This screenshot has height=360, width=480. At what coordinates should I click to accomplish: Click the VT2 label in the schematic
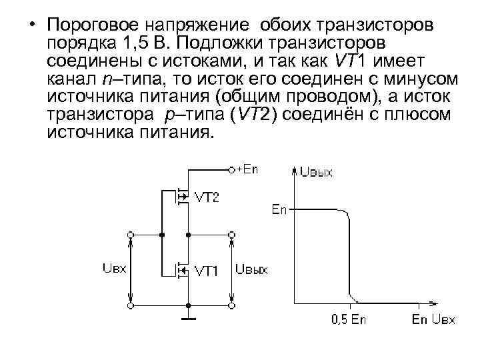(x=206, y=197)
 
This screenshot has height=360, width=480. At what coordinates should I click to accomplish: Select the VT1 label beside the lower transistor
(x=207, y=270)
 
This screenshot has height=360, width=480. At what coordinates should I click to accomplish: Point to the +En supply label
(x=247, y=169)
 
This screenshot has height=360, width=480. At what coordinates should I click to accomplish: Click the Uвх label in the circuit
(x=115, y=269)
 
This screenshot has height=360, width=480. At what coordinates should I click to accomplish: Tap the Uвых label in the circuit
(x=251, y=269)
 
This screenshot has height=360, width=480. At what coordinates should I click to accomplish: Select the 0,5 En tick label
(x=349, y=319)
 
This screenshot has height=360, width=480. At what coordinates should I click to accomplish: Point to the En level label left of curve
(x=279, y=210)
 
